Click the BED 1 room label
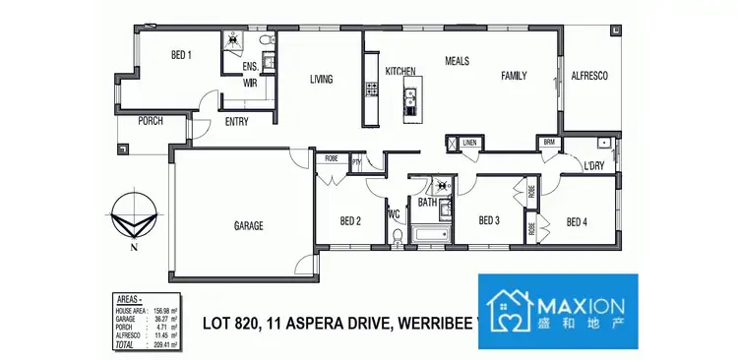click(180, 55)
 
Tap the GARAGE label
click(248, 226)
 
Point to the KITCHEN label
click(401, 71)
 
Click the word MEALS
click(457, 60)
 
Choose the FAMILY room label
click(514, 76)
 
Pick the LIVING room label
click(322, 80)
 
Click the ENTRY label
click(236, 122)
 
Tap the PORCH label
click(151, 121)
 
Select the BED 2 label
click(350, 221)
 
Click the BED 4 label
click(577, 221)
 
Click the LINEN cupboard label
click(470, 144)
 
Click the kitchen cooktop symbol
click(372, 89)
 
